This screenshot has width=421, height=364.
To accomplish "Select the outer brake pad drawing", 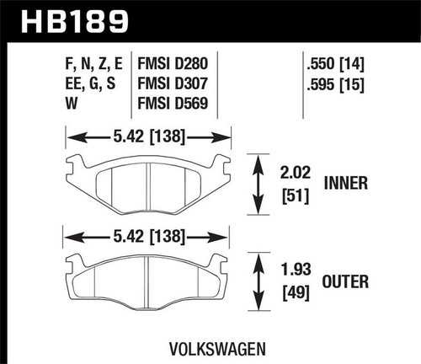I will pos(147,277).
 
